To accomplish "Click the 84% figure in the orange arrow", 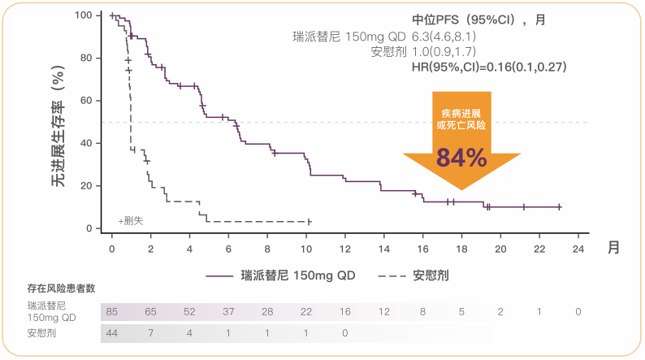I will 461,157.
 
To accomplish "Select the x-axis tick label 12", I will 345,248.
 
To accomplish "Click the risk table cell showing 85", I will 112,312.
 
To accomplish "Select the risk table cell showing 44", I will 112,332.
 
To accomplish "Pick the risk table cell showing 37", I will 228,312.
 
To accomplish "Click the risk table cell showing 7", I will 151,332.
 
